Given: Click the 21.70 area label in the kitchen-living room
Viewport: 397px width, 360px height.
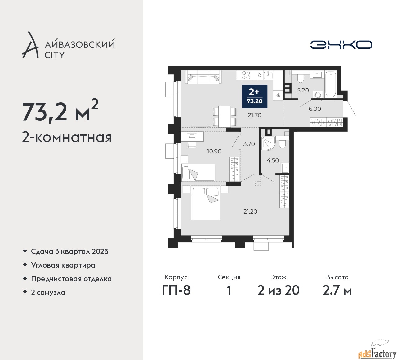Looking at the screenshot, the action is point(255,115).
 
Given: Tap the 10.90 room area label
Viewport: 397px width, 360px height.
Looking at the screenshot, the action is point(214,151).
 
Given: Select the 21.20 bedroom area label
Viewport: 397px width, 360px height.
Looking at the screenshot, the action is point(250,211).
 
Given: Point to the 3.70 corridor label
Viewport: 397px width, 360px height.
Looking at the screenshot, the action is point(249,144).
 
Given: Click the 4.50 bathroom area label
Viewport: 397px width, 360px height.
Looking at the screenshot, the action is point(273,160).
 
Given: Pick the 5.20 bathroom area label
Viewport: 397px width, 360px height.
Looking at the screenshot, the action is point(303,91).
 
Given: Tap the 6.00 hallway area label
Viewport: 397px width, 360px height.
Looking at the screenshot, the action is point(315,109).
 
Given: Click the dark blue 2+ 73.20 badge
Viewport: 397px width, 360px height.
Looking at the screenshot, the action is point(255,97).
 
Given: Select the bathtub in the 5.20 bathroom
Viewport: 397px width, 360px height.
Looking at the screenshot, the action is point(331,84).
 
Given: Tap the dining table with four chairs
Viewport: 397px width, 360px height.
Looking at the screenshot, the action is point(225,116).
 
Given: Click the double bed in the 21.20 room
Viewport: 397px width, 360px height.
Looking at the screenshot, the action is point(206,203).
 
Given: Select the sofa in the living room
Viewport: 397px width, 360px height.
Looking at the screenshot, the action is point(203,77).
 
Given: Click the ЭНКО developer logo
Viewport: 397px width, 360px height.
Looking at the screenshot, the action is point(341,45).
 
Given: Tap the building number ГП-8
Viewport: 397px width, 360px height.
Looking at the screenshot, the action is point(176,290).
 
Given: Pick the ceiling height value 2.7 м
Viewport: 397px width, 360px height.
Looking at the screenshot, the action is point(337,290).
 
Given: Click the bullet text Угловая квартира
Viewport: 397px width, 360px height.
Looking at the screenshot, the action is point(63,265).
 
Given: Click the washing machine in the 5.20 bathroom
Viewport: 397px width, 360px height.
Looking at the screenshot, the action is point(318,95).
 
